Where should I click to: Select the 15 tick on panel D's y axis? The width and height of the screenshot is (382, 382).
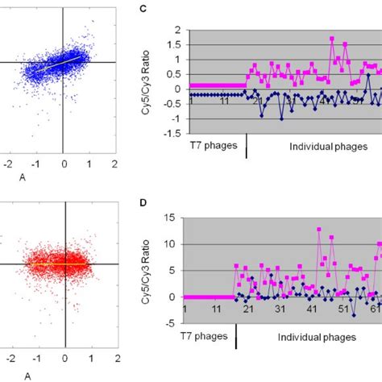click(174, 219)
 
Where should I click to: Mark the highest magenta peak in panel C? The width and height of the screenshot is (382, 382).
click(332, 38)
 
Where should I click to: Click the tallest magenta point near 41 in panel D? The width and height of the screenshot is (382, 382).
click(319, 230)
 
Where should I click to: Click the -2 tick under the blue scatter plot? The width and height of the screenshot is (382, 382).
click(9, 162)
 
